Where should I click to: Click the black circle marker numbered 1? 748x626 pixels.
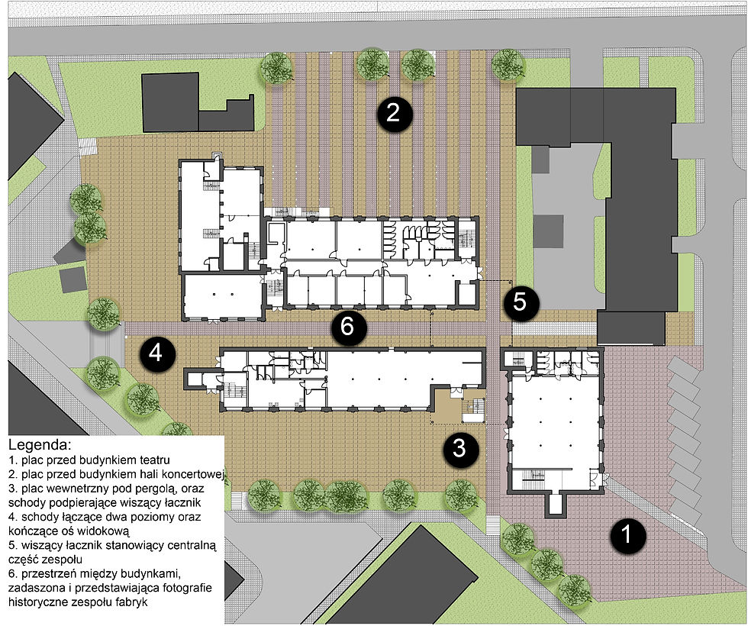628,535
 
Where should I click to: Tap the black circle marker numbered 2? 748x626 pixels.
394,114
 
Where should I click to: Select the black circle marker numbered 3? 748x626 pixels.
460,449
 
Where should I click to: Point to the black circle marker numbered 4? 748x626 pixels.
157,354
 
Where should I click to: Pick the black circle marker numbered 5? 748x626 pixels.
521,302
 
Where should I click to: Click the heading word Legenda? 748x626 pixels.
40,446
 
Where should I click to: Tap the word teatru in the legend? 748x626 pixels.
154,460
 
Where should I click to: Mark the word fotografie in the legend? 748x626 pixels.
188,587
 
